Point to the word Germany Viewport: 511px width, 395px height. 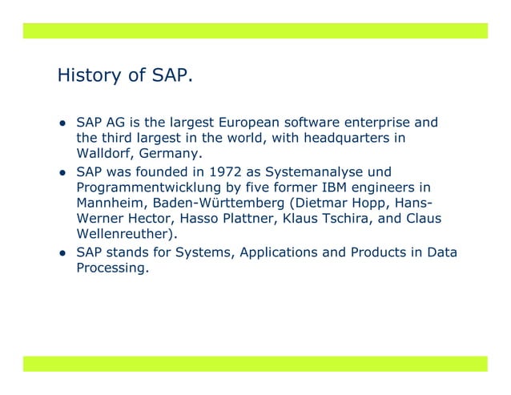pyautogui.click(x=170, y=155)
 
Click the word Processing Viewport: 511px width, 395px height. pyautogui.click(x=111, y=268)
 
